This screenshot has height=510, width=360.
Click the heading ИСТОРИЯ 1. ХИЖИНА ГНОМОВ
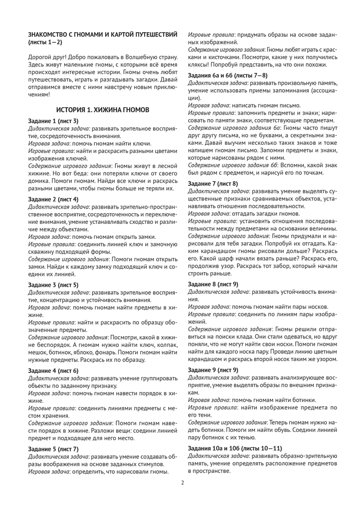pyautogui.click(x=102, y=110)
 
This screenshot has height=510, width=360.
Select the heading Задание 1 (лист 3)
pyautogui.click(x=53, y=121)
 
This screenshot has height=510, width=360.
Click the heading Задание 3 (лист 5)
pyautogui.click(x=53, y=285)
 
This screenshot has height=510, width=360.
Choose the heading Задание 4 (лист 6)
pyautogui.click(x=53, y=370)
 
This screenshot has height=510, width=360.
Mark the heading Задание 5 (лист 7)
pyautogui.click(x=53, y=449)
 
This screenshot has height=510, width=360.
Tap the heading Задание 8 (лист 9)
pyautogui.click(x=213, y=283)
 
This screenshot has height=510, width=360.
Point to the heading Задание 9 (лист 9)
pyautogui.click(x=213, y=369)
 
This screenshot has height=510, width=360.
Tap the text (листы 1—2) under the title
pyautogui.click(x=45, y=41)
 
